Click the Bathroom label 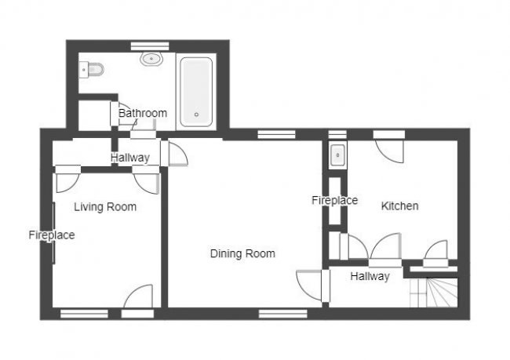coord(143,113)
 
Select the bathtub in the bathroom coord(196,92)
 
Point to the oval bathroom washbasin coord(150,58)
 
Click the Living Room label coord(105,207)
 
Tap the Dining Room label coord(242,253)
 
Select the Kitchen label coord(399,206)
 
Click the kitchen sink coord(337,155)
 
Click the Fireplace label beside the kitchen coord(334,201)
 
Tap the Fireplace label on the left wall coord(52,235)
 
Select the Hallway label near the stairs coord(370,276)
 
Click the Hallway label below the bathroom coord(129,158)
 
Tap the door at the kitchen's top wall coord(389,148)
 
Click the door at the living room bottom coord(138,298)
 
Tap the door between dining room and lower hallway coord(310,284)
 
